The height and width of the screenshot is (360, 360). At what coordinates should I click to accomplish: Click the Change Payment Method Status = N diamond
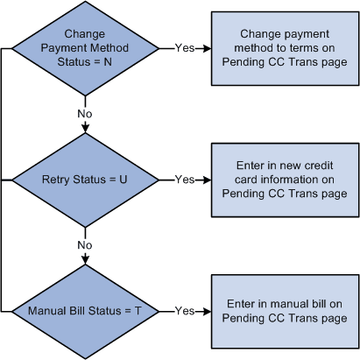85,48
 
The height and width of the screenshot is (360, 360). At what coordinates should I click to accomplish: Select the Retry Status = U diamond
85,180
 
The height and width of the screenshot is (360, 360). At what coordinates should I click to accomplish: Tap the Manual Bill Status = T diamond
85,310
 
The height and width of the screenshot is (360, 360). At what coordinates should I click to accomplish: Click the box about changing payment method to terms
284,47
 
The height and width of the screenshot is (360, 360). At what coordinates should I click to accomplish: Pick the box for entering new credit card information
284,180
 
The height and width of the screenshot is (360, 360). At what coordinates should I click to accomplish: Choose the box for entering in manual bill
284,310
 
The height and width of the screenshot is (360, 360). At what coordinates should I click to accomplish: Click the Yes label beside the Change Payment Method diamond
185,48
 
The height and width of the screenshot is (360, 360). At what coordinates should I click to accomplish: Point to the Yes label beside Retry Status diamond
185,180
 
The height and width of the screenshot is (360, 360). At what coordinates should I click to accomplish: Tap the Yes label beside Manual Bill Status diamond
185,310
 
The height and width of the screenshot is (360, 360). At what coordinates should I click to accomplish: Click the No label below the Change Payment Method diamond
85,113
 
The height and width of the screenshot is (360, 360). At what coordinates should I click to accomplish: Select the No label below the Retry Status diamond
85,244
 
